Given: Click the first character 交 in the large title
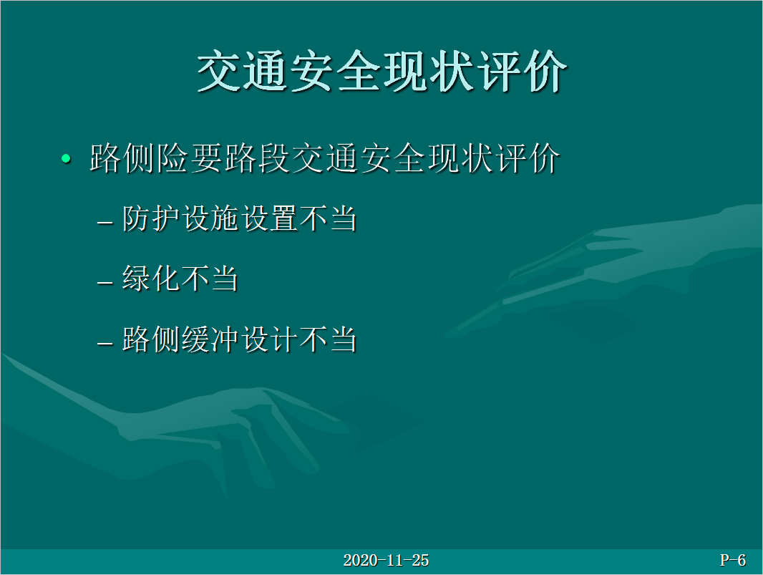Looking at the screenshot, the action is (219, 71).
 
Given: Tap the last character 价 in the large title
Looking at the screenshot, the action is (545, 71).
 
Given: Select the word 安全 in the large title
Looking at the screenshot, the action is (336, 71).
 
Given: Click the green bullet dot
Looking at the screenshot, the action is (66, 158).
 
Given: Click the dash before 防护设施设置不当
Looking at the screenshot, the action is (105, 223).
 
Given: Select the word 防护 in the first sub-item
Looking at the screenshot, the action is (151, 218).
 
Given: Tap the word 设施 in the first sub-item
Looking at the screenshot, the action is (210, 218).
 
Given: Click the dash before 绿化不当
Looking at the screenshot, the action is (105, 283).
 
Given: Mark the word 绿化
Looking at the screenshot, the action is (151, 279).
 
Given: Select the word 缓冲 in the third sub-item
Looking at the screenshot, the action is (210, 339).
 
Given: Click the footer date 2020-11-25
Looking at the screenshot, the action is (386, 561).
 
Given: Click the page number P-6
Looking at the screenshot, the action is (733, 561).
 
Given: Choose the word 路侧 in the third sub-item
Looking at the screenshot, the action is (151, 339).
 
